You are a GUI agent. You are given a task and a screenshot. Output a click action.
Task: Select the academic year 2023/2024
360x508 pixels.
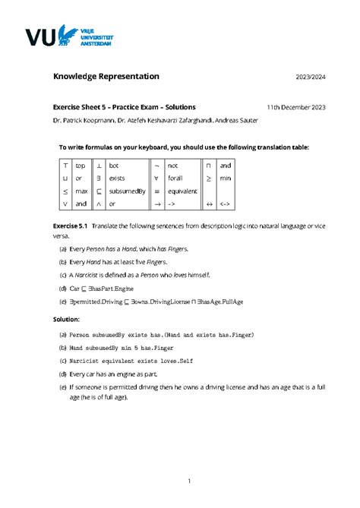tap(311, 77)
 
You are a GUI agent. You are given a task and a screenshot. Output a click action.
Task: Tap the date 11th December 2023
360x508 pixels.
tap(296, 108)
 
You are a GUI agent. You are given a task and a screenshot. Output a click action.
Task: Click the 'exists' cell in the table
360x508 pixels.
tap(117, 178)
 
